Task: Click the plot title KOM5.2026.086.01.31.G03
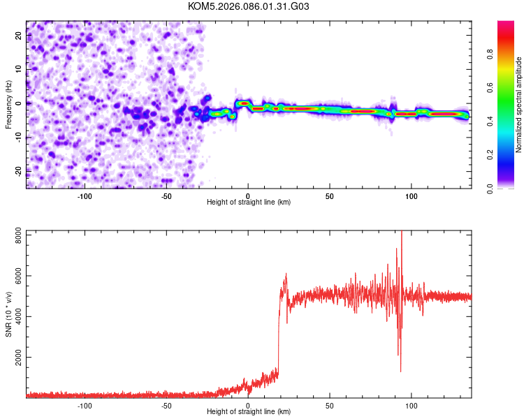[x=249, y=6]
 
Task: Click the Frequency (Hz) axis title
[x=8, y=105]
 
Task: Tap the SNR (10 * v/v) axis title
[x=8, y=313]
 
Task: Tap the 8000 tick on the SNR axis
[x=15, y=237]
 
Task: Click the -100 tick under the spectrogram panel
[x=85, y=196]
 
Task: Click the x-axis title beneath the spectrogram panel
[x=249, y=203]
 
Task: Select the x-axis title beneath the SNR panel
[x=249, y=412]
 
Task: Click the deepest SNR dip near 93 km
[x=400, y=371]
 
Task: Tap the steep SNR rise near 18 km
[x=278, y=335]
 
